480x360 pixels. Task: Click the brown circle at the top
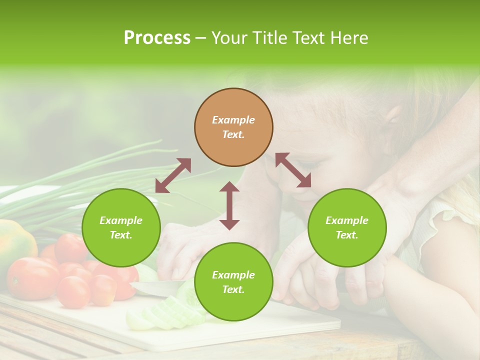click(x=233, y=127)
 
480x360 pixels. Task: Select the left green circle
click(x=121, y=227)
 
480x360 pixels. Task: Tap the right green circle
click(x=347, y=227)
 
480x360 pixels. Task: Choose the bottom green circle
click(x=233, y=281)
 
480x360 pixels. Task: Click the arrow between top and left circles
click(x=173, y=175)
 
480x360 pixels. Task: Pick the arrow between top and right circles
click(x=293, y=170)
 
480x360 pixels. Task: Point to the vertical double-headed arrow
click(x=229, y=205)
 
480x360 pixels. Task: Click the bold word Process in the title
click(x=157, y=37)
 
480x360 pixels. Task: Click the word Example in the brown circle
click(x=233, y=120)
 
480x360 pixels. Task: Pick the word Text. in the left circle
click(x=121, y=235)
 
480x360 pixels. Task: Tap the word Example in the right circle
click(x=347, y=220)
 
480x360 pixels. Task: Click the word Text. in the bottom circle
click(x=233, y=289)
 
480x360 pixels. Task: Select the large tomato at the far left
click(x=31, y=277)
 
